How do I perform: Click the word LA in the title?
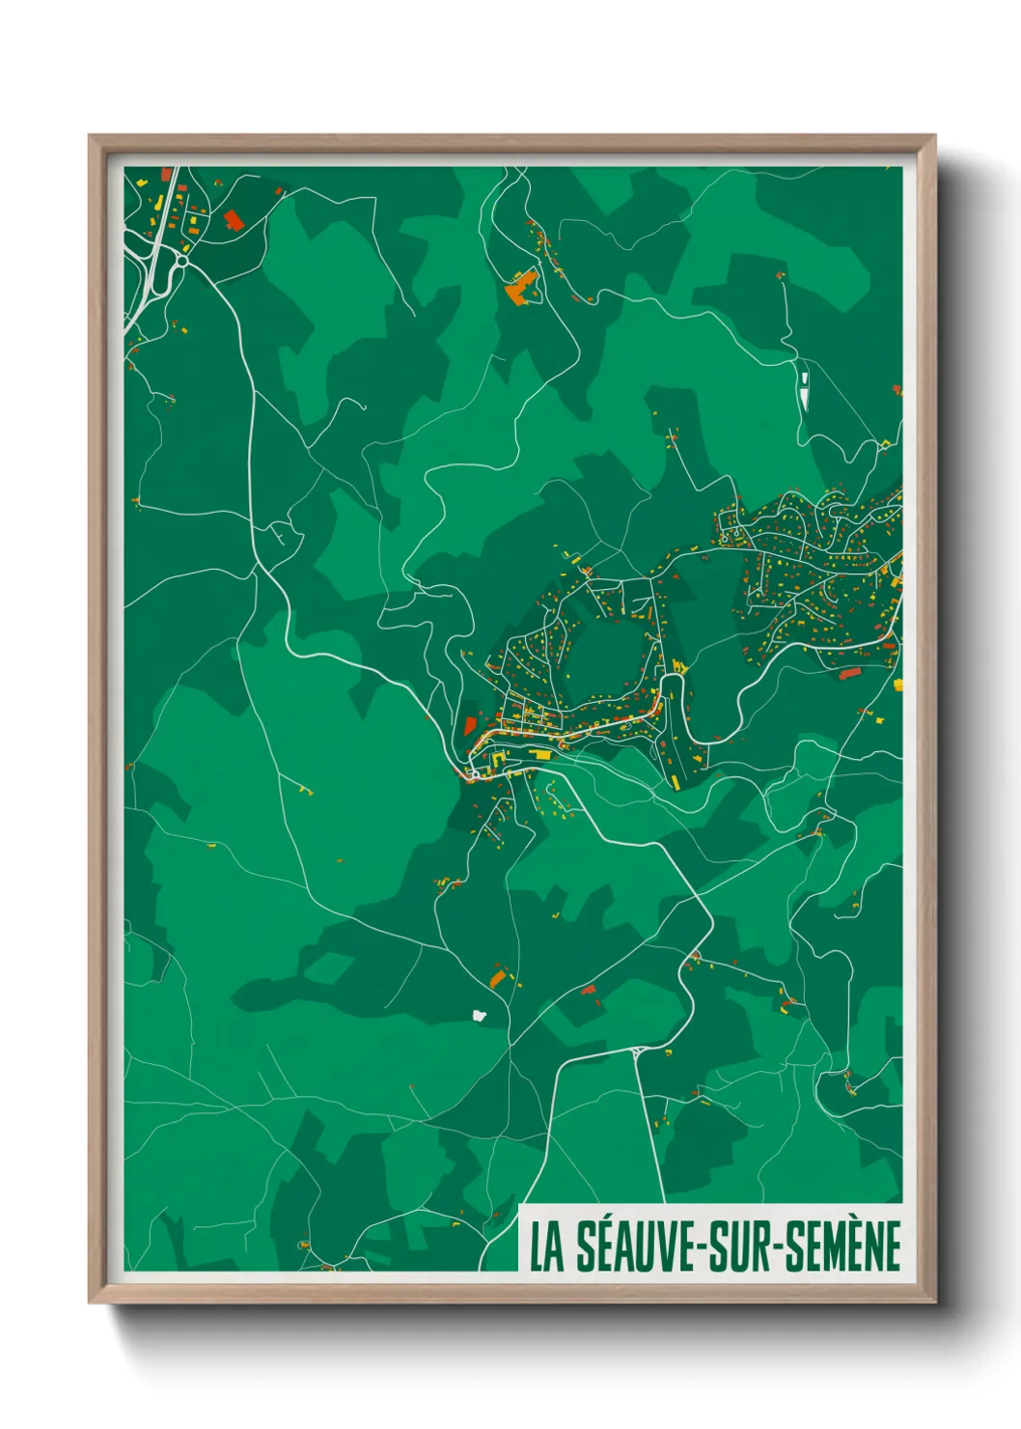tap(546, 1247)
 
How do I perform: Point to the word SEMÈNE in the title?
tap(842, 1247)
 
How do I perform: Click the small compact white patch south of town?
tap(479, 1014)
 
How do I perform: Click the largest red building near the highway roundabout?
tap(233, 220)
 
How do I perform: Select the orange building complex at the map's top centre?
tap(521, 287)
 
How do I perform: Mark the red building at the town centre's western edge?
tap(470, 725)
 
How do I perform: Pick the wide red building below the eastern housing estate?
tap(849, 673)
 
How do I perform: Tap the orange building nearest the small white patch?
tap(498, 979)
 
